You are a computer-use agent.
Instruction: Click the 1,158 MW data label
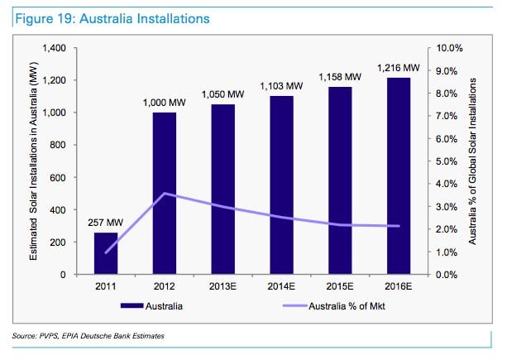(340, 77)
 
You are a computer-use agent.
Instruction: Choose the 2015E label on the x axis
(340, 288)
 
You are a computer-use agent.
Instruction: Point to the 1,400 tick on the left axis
(61, 48)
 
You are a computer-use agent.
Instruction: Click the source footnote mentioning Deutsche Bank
(87, 335)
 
